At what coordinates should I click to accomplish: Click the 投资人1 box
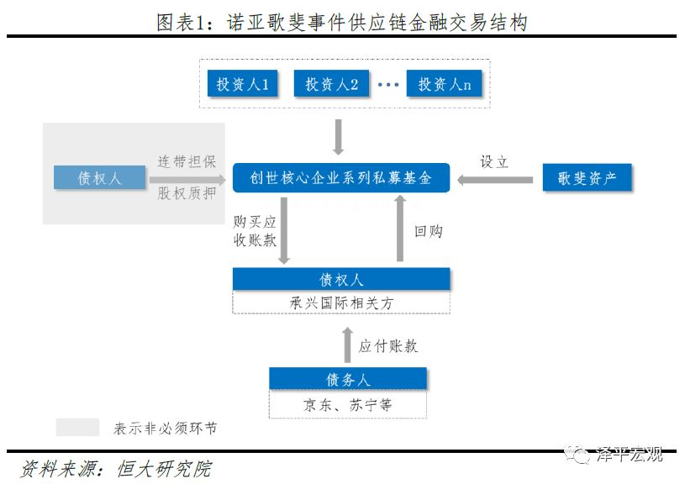(x=243, y=84)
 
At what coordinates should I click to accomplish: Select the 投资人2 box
(x=332, y=84)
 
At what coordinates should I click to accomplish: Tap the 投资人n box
(x=445, y=84)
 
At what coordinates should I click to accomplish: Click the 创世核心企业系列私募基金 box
(x=341, y=178)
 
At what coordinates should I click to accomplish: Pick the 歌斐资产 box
(x=587, y=178)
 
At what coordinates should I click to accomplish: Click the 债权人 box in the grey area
(x=99, y=178)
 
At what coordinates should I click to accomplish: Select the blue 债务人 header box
(x=347, y=378)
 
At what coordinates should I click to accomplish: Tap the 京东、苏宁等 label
(x=347, y=405)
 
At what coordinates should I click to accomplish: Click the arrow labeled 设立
(x=495, y=178)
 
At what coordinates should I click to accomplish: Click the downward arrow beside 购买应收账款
(x=285, y=230)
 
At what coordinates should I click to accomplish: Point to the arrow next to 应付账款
(x=347, y=345)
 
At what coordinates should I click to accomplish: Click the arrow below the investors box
(x=339, y=137)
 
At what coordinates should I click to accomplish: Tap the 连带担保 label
(x=187, y=162)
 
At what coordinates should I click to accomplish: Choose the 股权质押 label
(x=187, y=193)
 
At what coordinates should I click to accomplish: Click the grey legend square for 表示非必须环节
(x=77, y=428)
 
